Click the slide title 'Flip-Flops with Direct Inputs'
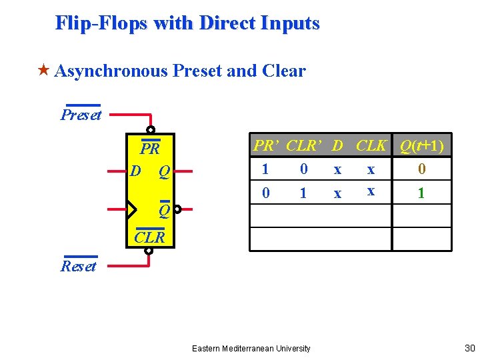coord(187,23)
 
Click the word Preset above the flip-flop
coord(81,115)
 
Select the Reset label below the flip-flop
coord(79,267)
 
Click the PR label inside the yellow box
coord(149,149)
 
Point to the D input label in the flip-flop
coord(136,171)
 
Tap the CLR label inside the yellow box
coord(149,237)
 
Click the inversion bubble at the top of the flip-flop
coord(151,129)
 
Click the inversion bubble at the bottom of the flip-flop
coord(149,251)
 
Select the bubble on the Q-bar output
coord(178,210)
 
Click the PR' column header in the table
coord(266,146)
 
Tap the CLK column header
coord(371,146)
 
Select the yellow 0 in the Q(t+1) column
coord(421,169)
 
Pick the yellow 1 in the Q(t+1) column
coord(421,194)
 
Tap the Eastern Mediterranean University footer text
coord(251,348)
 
